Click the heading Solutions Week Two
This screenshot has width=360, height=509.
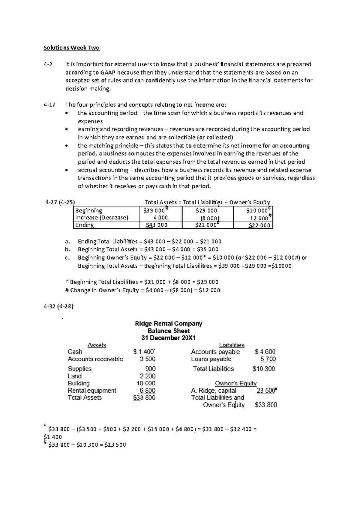point(71,48)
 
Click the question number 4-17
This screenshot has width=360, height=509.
point(49,105)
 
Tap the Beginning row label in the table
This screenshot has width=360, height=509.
point(88,210)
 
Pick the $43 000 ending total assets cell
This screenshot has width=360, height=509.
point(157,225)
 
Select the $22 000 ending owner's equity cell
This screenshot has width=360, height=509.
point(259,225)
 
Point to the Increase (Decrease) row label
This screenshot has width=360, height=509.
point(101,218)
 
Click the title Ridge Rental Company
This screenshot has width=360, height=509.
point(169,324)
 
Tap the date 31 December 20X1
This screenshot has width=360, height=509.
point(169,338)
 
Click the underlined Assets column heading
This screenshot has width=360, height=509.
point(97,345)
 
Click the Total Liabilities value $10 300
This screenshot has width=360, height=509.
point(264,369)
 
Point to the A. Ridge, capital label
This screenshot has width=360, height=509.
point(214,391)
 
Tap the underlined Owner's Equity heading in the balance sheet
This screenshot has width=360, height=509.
point(235,383)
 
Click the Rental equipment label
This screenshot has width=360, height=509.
point(92,391)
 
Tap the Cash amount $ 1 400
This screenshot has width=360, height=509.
point(144,352)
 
